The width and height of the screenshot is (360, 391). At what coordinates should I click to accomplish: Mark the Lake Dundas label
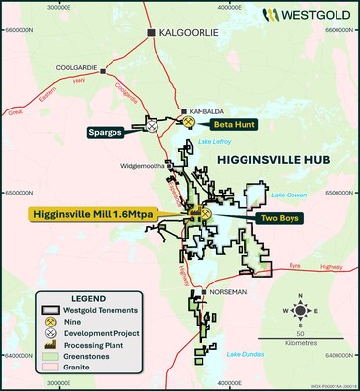pyautogui.click(x=244, y=354)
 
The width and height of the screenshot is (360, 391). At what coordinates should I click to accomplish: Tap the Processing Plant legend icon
pyautogui.click(x=48, y=343)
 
